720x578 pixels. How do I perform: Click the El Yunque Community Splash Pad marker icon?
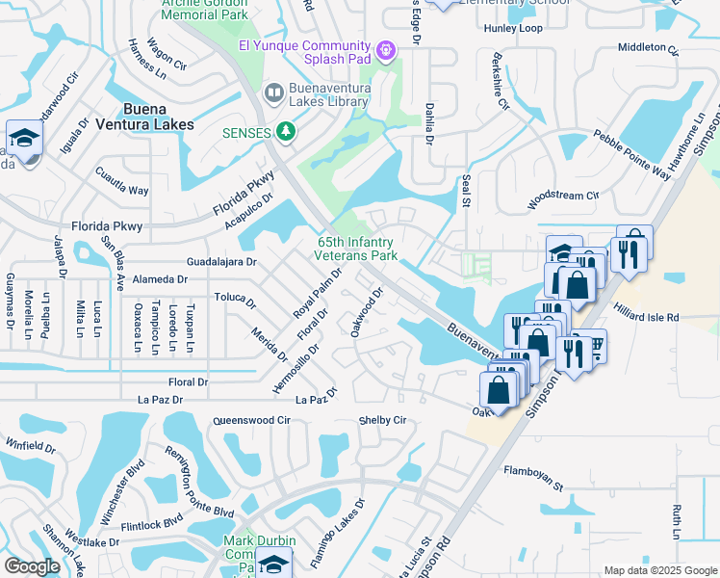tap(387, 48)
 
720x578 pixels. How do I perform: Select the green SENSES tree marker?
tap(285, 131)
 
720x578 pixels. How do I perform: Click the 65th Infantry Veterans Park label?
tap(357, 250)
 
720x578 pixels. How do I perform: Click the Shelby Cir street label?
tap(382, 420)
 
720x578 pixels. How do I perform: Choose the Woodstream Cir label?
tap(563, 199)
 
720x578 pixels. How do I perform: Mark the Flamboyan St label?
tap(533, 478)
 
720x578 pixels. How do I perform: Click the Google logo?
tap(32, 566)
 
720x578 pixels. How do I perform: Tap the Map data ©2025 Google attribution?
tap(659, 570)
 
